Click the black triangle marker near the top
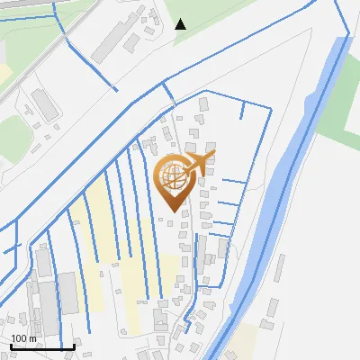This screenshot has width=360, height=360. coord(180,23)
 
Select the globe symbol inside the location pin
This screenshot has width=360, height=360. coord(172,175)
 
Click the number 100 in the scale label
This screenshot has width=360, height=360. coord(19,338)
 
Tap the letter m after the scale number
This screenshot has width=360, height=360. coord(32,338)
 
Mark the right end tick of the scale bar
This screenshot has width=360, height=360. coord(74,346)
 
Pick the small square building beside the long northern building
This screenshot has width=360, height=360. coord(132,41)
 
